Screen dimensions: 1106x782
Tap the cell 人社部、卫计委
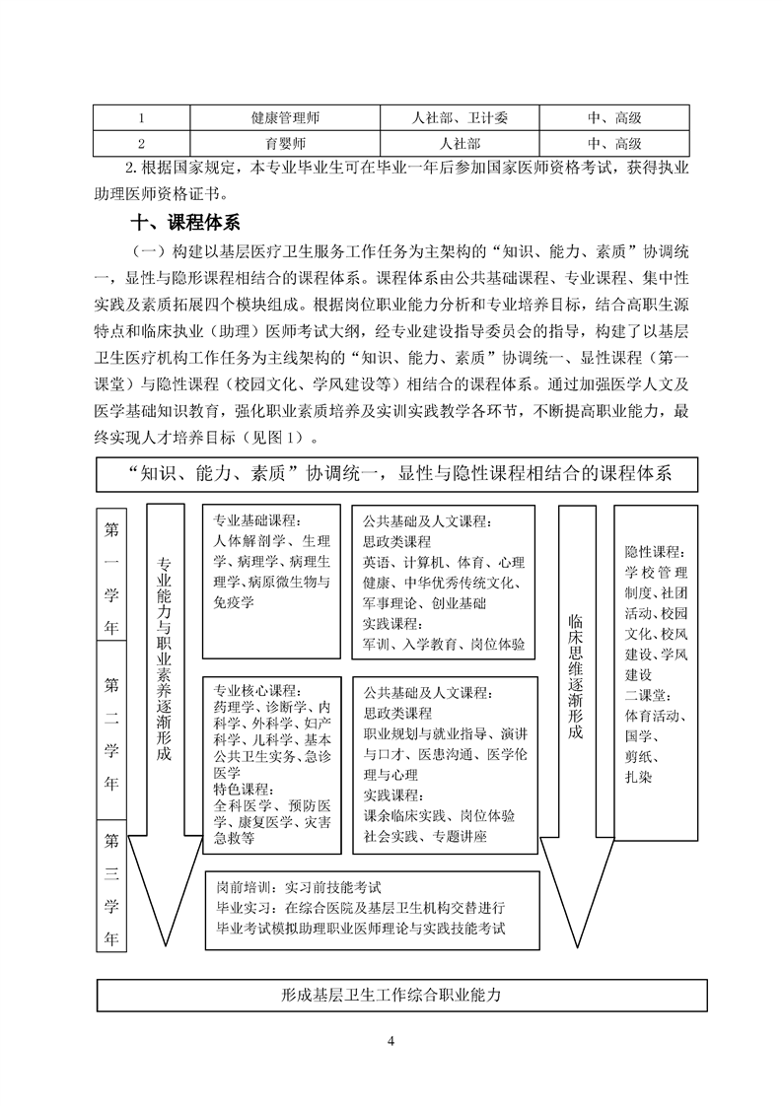[460, 118]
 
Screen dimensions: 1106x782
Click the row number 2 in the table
[142, 143]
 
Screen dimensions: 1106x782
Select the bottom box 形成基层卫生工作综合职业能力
[402, 996]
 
